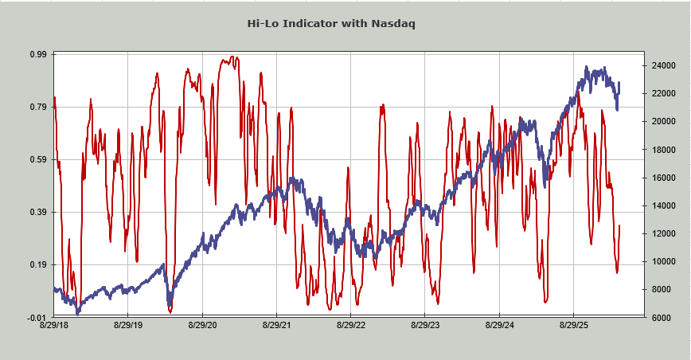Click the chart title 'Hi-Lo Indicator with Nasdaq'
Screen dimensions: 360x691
click(x=331, y=23)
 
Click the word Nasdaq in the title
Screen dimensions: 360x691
click(x=392, y=23)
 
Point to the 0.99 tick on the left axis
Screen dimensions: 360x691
click(x=38, y=54)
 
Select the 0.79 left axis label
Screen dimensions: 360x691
click(x=38, y=107)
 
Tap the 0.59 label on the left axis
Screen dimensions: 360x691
click(x=38, y=159)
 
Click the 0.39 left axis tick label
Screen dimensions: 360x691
click(x=38, y=212)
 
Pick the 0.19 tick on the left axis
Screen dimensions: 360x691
click(x=38, y=264)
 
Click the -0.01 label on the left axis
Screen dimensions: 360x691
click(x=37, y=317)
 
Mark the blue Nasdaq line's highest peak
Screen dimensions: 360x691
click(x=587, y=68)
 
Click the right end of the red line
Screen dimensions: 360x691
click(x=619, y=226)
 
